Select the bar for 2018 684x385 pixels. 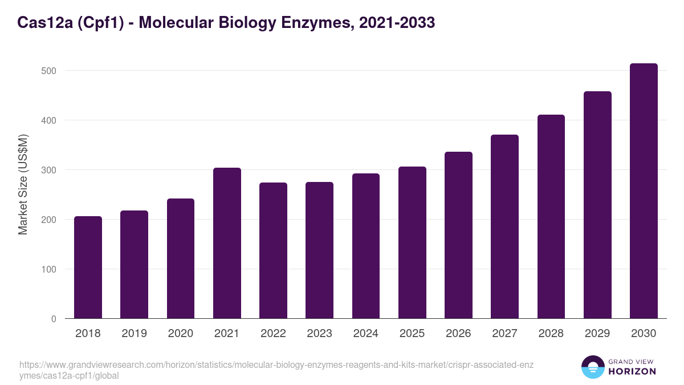coord(88,268)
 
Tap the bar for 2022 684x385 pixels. coord(273,250)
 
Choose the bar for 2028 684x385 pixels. coord(551,217)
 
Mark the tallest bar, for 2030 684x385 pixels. coord(644,191)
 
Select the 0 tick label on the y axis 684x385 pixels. coord(53,319)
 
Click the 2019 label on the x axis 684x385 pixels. coord(134,334)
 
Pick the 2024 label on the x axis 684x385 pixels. coord(365,334)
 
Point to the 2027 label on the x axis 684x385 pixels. coord(504,334)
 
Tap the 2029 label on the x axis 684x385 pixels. coord(597,334)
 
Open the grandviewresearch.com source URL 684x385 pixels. coord(276,370)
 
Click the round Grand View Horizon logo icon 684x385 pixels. coord(593,367)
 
